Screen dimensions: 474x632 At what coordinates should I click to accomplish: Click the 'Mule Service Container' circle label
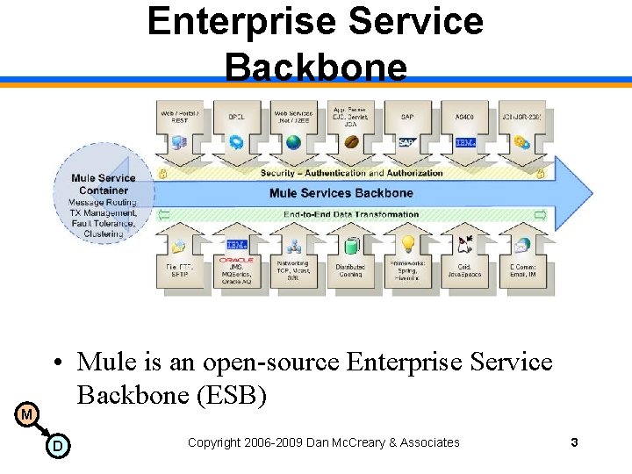click(104, 184)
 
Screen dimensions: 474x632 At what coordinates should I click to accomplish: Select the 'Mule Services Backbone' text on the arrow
click(341, 193)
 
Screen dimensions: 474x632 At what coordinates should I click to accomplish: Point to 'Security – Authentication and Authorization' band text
click(351, 173)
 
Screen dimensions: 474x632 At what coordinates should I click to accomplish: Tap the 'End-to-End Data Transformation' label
click(351, 214)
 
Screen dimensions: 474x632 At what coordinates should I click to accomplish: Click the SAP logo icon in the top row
click(406, 142)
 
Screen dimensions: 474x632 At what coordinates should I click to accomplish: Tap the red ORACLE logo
click(236, 261)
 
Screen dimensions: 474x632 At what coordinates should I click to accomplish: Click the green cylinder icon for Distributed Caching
click(351, 245)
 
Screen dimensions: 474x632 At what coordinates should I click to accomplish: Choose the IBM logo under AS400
click(464, 142)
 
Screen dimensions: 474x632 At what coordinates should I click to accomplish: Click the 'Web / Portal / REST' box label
click(179, 117)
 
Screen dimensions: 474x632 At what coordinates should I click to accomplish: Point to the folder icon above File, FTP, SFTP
click(179, 246)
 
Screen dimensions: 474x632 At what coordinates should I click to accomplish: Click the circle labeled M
click(27, 413)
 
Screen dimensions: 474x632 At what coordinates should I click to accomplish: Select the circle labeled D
click(57, 446)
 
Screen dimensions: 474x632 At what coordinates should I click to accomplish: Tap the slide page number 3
click(574, 442)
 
